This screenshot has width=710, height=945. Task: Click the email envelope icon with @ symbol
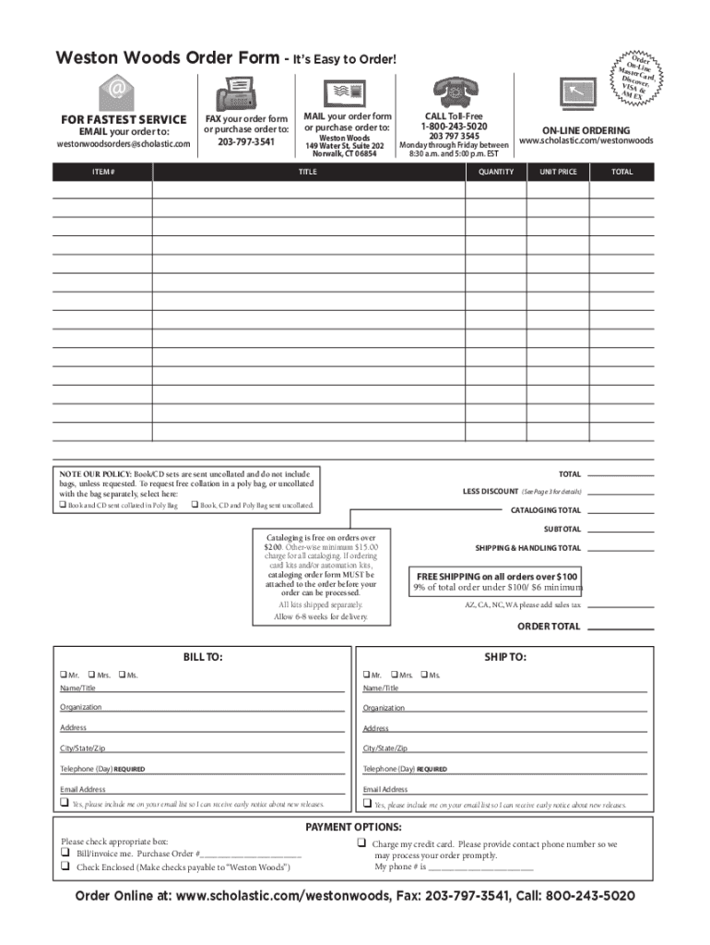coord(117,92)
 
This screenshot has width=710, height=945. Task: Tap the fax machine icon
coord(235,94)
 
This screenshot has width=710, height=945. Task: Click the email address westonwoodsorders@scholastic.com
coord(124,144)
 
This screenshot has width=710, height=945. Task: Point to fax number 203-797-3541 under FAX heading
coord(245,143)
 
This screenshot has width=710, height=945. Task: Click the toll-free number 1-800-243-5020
coord(454,126)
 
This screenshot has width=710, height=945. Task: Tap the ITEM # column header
coord(102,172)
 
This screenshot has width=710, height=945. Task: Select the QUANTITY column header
coord(495,172)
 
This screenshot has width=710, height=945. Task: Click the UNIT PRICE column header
coord(558,172)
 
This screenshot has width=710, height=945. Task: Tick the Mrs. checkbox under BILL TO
coord(91,675)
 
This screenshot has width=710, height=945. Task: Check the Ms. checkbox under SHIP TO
coord(424,675)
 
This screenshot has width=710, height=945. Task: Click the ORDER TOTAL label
coord(549,627)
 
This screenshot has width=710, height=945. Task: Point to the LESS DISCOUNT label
coord(491,491)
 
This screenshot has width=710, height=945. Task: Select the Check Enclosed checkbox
coord(65,867)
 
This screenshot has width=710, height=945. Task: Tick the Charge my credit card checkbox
coord(361,844)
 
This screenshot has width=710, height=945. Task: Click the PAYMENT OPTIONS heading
coord(353,827)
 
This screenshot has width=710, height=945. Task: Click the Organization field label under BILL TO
coord(81,708)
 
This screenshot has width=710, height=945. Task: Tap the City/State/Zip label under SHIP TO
coord(385,748)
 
